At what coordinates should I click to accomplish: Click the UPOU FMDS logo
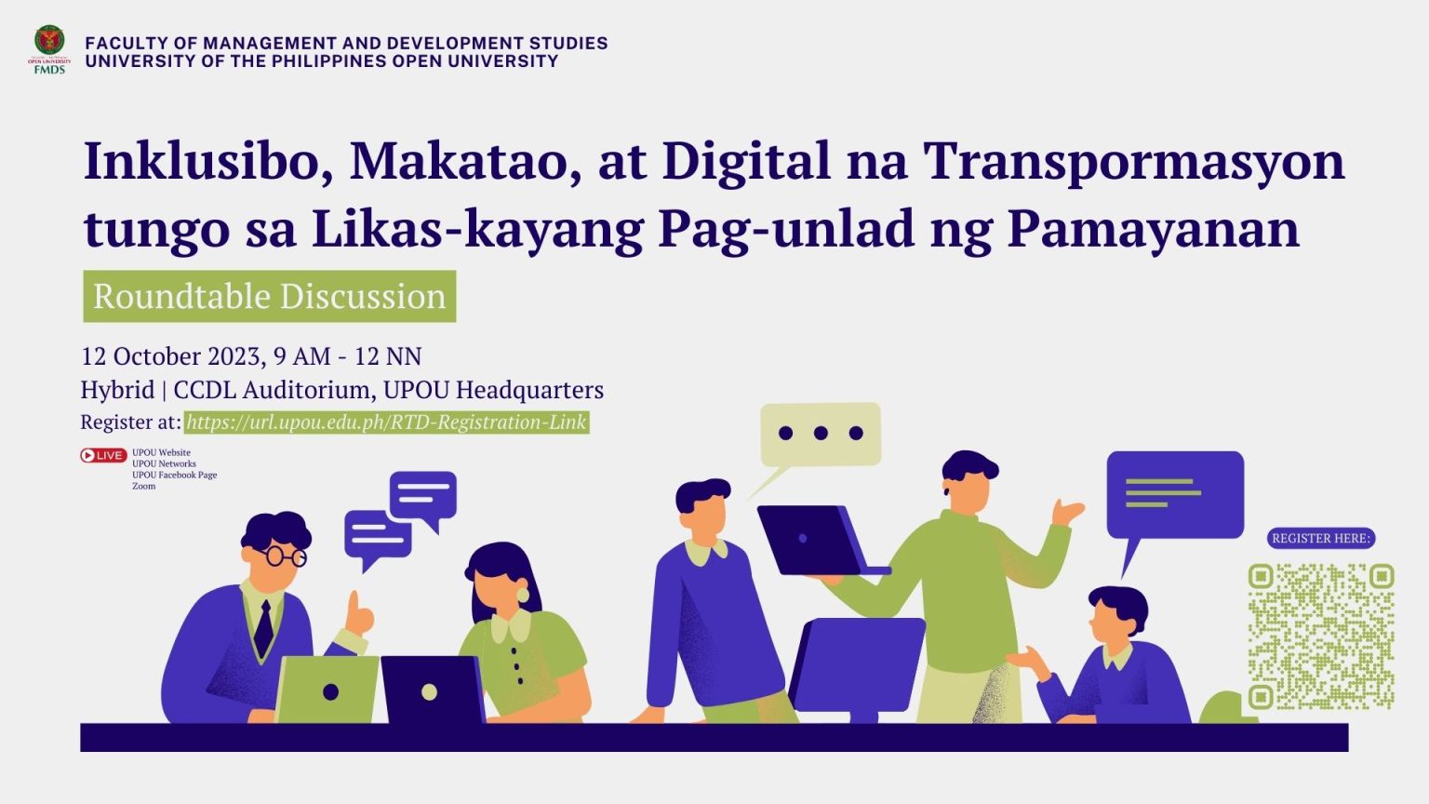[49, 49]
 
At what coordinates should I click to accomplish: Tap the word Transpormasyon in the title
[1134, 162]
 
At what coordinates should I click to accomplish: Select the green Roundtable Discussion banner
[270, 297]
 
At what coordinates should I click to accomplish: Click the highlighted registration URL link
[386, 422]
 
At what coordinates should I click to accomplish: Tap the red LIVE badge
[103, 456]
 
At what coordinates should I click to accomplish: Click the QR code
[1321, 636]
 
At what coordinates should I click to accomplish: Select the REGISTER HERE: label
[1321, 539]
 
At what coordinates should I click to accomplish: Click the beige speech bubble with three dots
[820, 434]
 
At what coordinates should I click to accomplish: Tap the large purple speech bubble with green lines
[1174, 494]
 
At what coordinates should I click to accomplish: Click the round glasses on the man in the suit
[285, 556]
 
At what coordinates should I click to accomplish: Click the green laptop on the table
[328, 690]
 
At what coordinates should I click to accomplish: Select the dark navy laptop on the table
[432, 690]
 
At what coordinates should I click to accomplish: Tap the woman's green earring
[523, 593]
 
